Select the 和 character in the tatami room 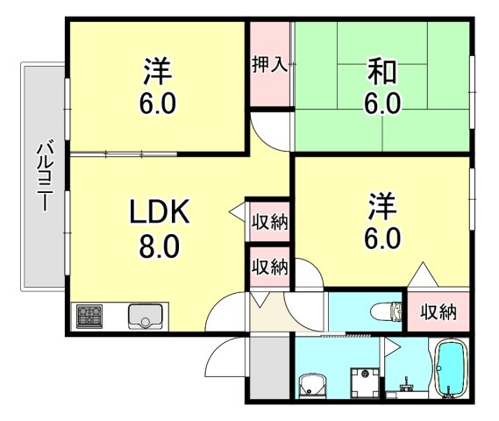[x=382, y=69]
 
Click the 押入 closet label [x=269, y=66]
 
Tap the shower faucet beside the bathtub [x=405, y=382]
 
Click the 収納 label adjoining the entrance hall [x=269, y=266]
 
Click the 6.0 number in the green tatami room [x=382, y=104]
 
